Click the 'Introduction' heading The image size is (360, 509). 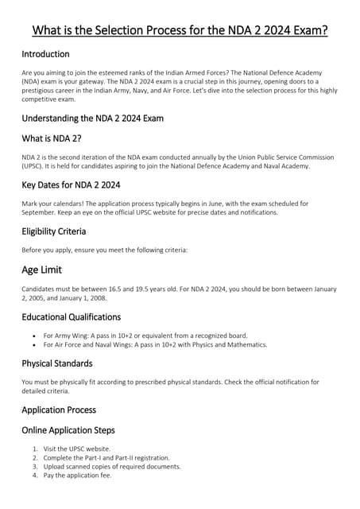[45, 54]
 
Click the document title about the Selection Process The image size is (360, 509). [180, 31]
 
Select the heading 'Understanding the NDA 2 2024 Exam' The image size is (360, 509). [92, 119]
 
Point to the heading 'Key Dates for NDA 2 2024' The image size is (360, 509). [71, 185]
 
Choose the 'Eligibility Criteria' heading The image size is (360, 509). [53, 231]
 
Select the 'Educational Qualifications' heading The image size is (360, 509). [71, 317]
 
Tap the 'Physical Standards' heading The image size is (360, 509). [58, 363]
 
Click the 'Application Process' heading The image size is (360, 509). [59, 410]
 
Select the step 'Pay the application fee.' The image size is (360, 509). [78, 476]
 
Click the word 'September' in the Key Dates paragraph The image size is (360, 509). [39, 212]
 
